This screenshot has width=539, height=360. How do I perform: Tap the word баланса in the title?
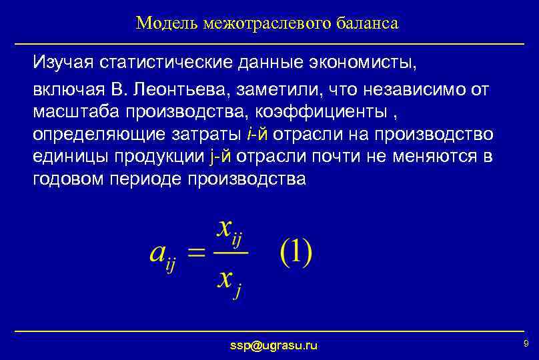coord(368,24)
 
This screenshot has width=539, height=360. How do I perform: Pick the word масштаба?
coord(73,110)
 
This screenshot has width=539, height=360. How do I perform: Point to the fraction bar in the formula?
coord(231,253)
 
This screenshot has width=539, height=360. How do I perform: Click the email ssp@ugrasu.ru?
coord(274,345)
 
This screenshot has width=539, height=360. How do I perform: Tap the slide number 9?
coord(526,343)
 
